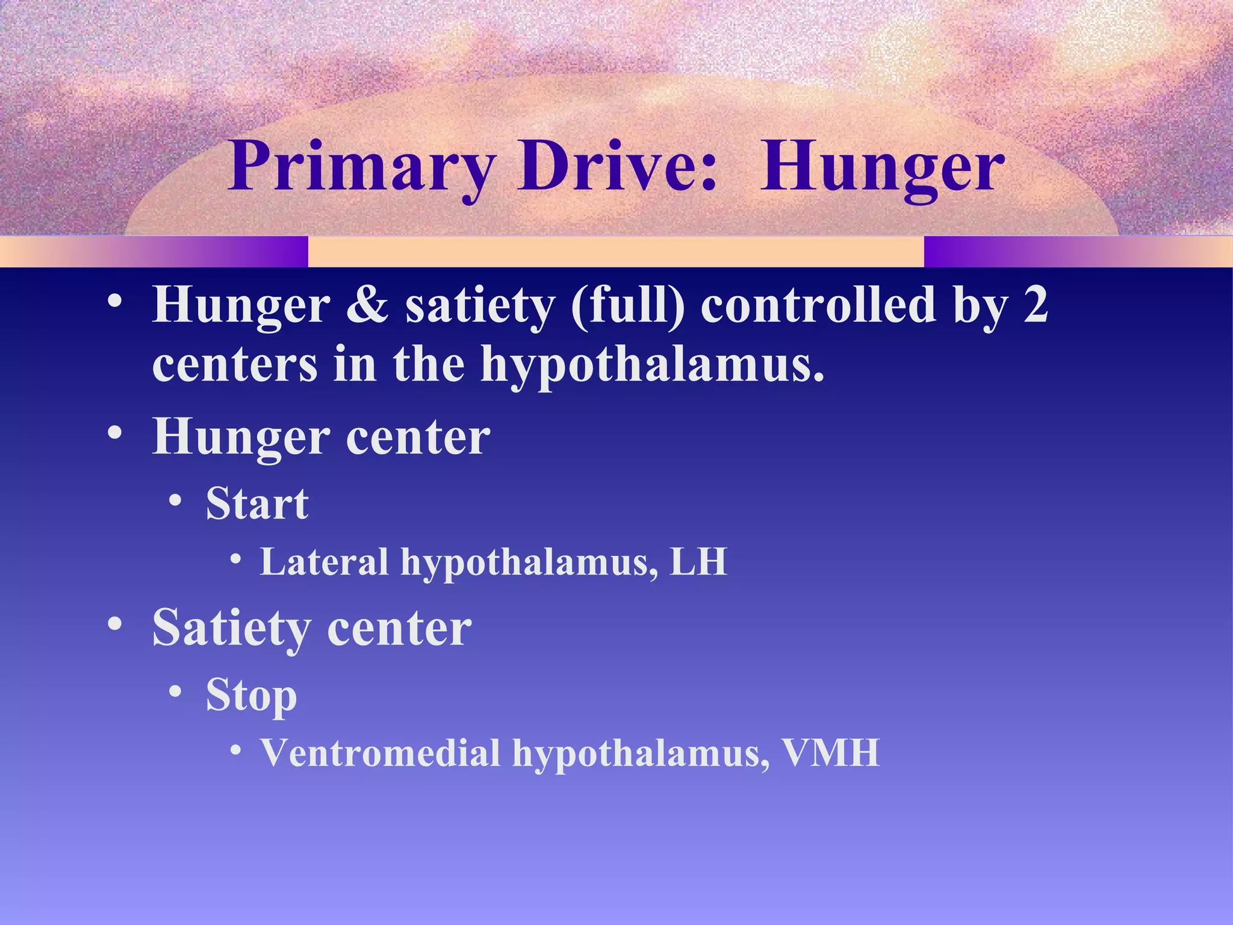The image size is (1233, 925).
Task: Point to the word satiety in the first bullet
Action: point(479,305)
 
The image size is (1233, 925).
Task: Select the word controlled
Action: point(819,305)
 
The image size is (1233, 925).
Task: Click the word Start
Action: point(257,503)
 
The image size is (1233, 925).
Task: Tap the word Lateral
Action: point(324,562)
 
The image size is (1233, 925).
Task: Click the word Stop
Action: point(251,696)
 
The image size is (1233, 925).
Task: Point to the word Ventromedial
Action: point(380,753)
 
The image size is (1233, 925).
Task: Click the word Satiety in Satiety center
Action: point(231,628)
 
